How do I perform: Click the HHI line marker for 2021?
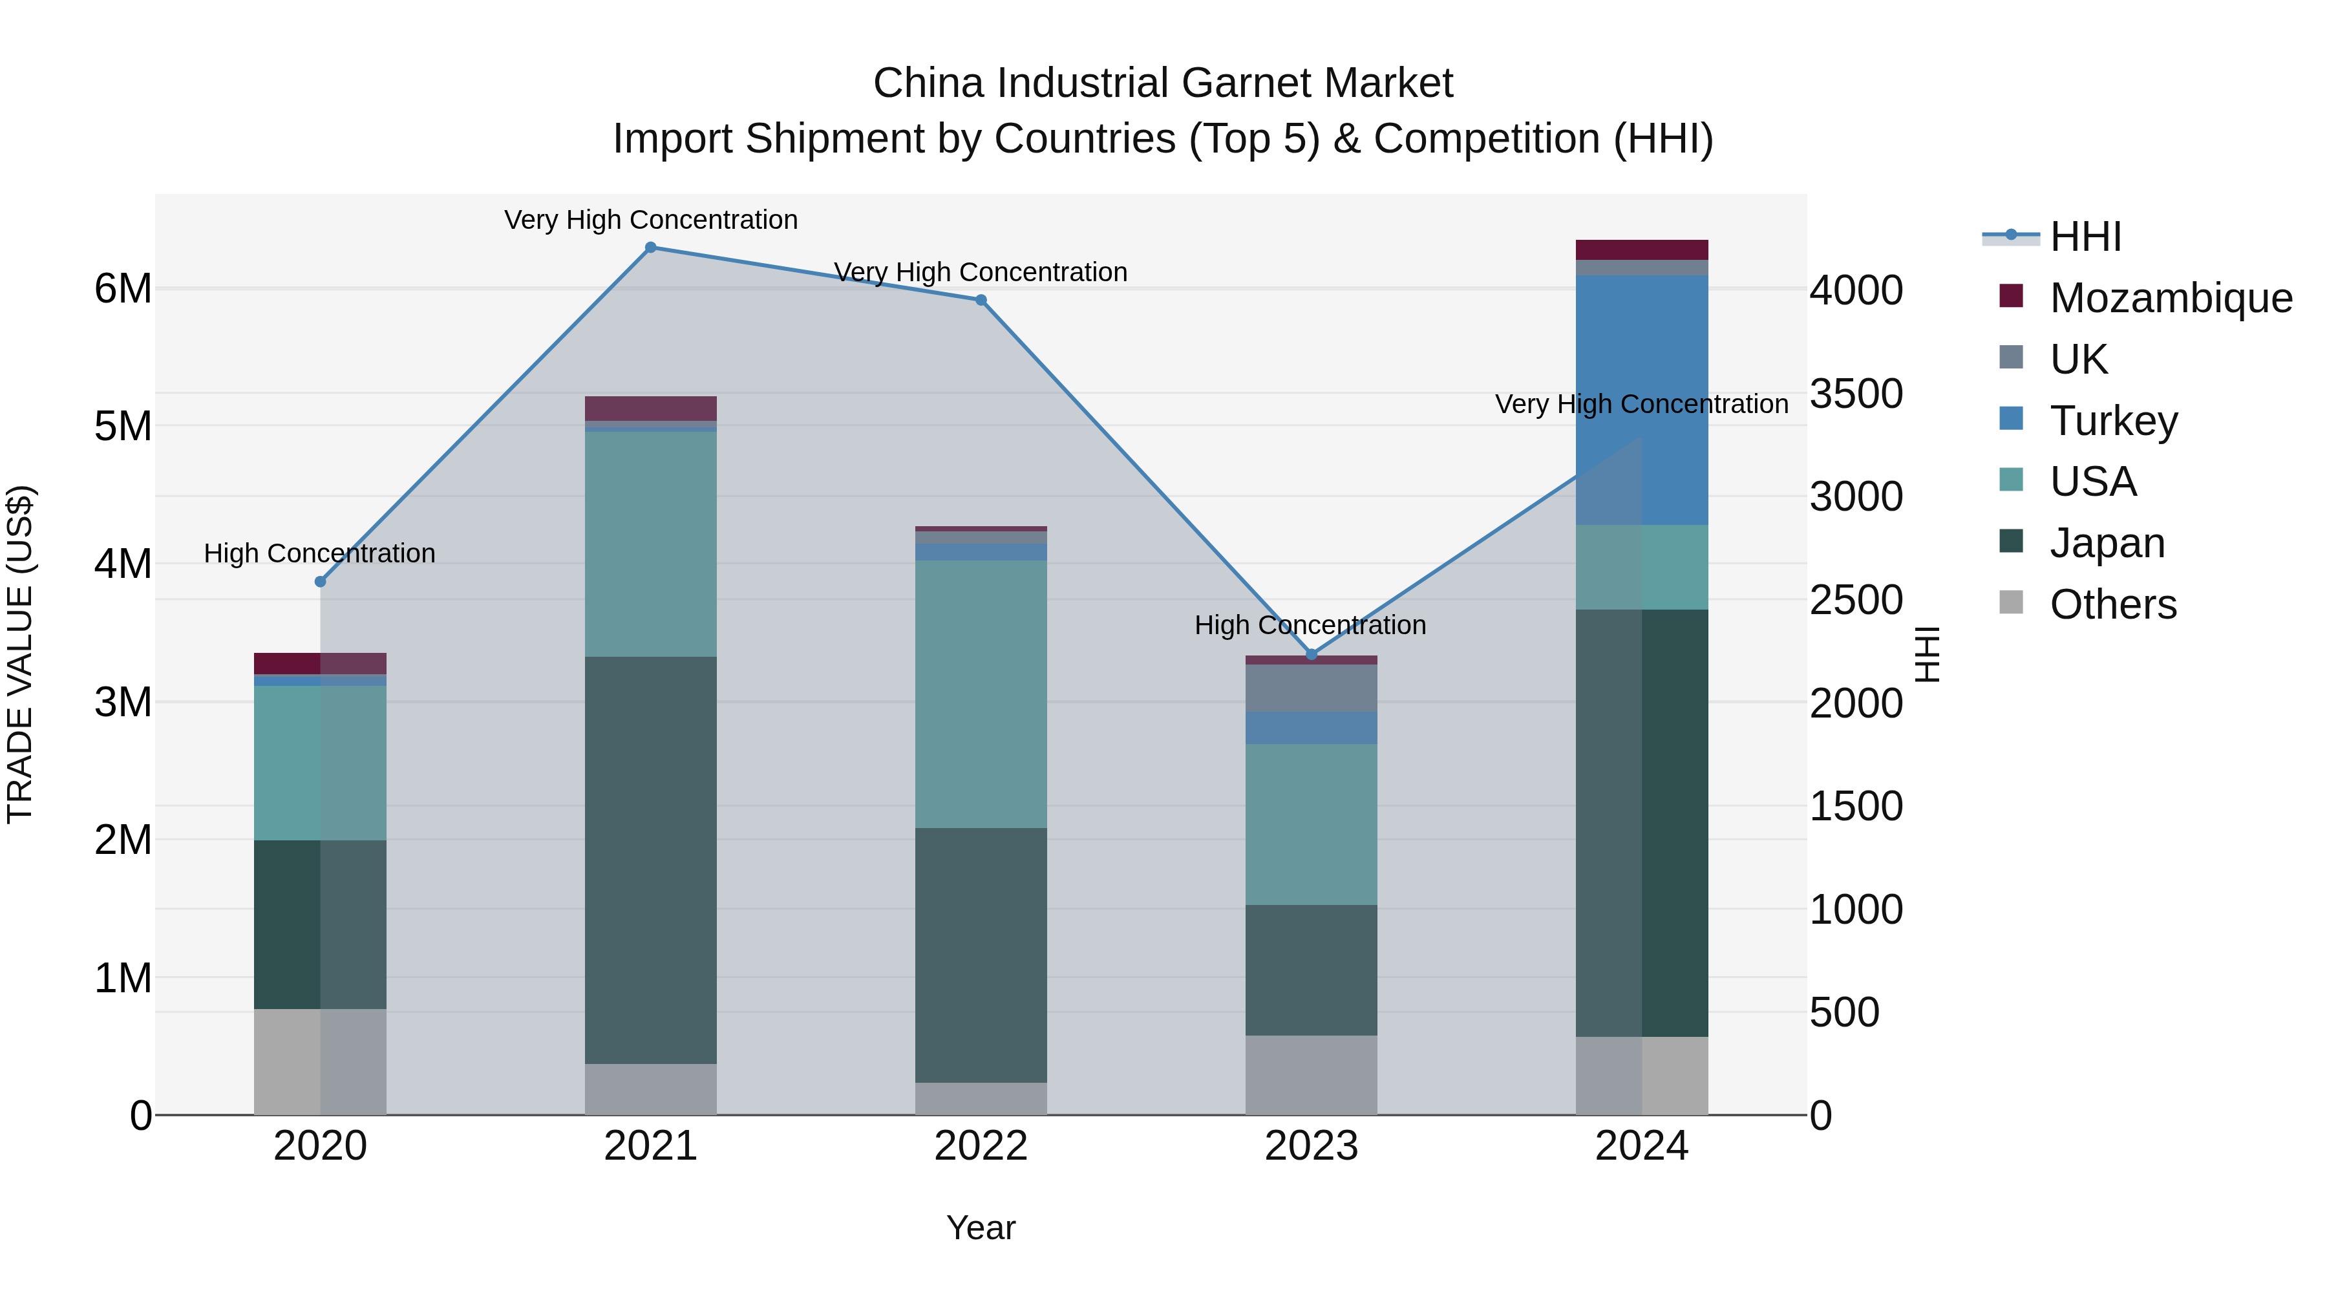pyautogui.click(x=650, y=248)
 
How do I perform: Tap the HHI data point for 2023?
pyautogui.click(x=1312, y=654)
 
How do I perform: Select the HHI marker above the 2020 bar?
pyautogui.click(x=320, y=582)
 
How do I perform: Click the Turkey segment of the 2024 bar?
pyautogui.click(x=1641, y=400)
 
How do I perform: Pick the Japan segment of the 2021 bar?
pyautogui.click(x=650, y=860)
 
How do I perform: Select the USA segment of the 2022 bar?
pyautogui.click(x=981, y=694)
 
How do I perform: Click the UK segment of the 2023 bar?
pyautogui.click(x=1312, y=688)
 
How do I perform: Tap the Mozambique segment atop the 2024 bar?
pyautogui.click(x=1641, y=250)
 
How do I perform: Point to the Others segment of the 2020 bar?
pyautogui.click(x=320, y=1061)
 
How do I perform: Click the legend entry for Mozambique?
pyautogui.click(x=2170, y=298)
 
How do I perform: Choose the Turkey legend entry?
pyautogui.click(x=2113, y=421)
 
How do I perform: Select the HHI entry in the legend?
pyautogui.click(x=2085, y=237)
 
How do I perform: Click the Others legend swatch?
pyautogui.click(x=2011, y=602)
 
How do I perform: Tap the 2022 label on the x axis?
pyautogui.click(x=981, y=1146)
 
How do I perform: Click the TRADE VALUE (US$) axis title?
pyautogui.click(x=20, y=654)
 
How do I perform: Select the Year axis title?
pyautogui.click(x=981, y=1228)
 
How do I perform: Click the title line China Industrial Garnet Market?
pyautogui.click(x=1163, y=83)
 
